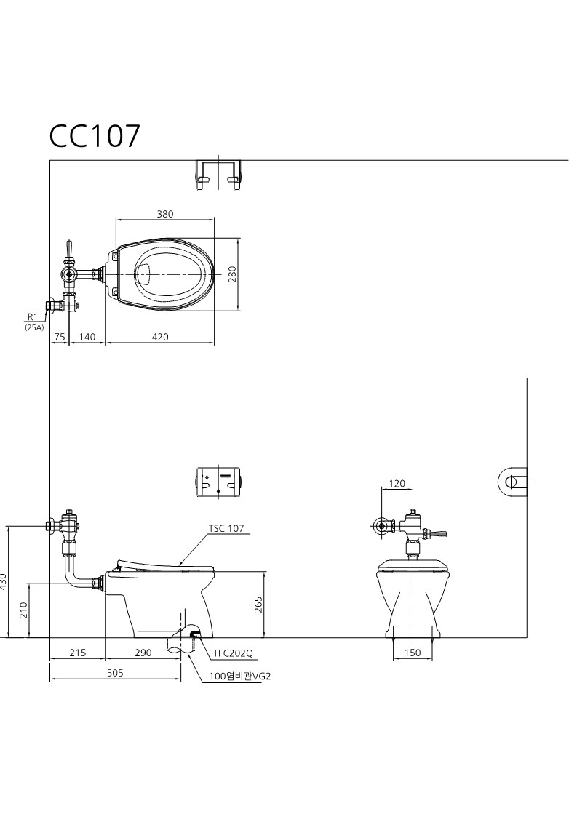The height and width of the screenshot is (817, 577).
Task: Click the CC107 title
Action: [95, 136]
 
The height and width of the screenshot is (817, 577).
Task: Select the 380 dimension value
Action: [164, 214]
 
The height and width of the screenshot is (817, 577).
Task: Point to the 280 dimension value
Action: [232, 274]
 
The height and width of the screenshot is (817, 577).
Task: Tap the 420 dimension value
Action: [160, 337]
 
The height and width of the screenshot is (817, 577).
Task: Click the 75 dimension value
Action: [60, 337]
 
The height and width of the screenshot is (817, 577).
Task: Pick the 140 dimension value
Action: [87, 337]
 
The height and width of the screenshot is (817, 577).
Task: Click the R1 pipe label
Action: [33, 316]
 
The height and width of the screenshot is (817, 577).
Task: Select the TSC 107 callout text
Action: [226, 528]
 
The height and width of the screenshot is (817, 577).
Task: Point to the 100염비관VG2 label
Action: [240, 677]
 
